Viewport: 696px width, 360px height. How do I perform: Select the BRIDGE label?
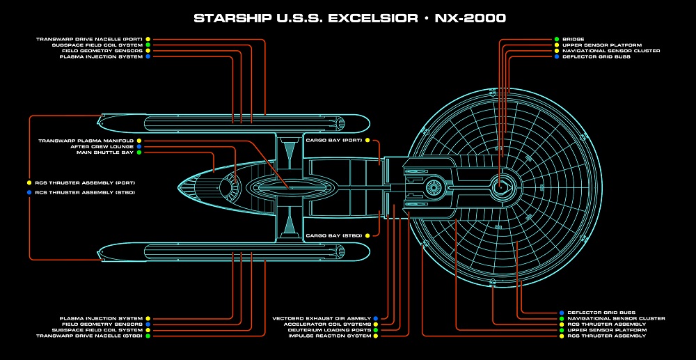pos(574,40)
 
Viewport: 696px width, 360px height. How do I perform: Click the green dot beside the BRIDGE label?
pos(557,40)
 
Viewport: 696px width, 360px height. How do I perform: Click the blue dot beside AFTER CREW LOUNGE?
pos(139,146)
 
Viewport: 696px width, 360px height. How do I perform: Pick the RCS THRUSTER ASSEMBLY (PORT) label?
pos(84,182)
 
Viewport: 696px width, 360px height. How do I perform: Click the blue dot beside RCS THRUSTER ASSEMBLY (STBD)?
pos(29,192)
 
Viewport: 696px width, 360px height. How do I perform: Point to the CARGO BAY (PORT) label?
pos(334,141)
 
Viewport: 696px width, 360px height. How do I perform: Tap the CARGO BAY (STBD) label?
pos(334,235)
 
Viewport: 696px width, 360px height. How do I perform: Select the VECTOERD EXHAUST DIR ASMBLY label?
pos(321,318)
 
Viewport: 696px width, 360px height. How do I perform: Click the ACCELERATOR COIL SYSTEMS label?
pos(327,324)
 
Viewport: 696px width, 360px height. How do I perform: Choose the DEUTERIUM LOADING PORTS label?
pos(330,330)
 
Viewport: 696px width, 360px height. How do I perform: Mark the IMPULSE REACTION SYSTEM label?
pos(330,336)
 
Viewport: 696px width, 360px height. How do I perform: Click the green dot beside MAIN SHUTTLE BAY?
pos(139,152)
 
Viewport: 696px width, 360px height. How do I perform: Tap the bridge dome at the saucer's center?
pos(501,186)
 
